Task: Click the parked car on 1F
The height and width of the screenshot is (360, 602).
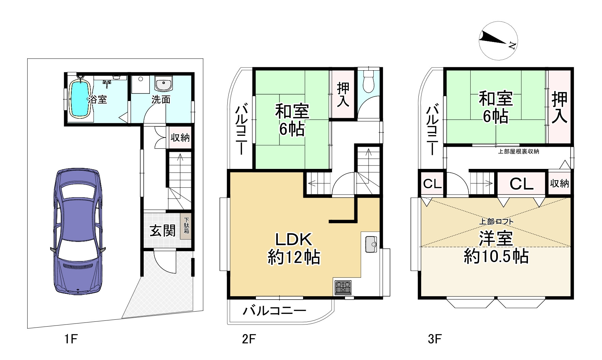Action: [78, 231]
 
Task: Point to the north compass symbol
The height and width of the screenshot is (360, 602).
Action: [498, 40]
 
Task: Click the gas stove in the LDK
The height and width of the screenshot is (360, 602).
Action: [343, 287]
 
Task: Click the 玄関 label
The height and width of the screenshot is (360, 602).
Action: [163, 231]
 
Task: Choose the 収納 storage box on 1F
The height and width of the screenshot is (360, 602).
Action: [180, 138]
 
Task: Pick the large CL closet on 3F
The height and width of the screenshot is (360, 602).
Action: [521, 184]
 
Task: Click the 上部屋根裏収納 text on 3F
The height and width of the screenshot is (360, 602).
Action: [518, 152]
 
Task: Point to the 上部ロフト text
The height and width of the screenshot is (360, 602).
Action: [496, 221]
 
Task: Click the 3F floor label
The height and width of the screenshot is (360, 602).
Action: [435, 339]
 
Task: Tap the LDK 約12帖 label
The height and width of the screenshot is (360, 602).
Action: [294, 248]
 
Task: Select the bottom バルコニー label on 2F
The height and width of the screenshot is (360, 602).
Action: [274, 311]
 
